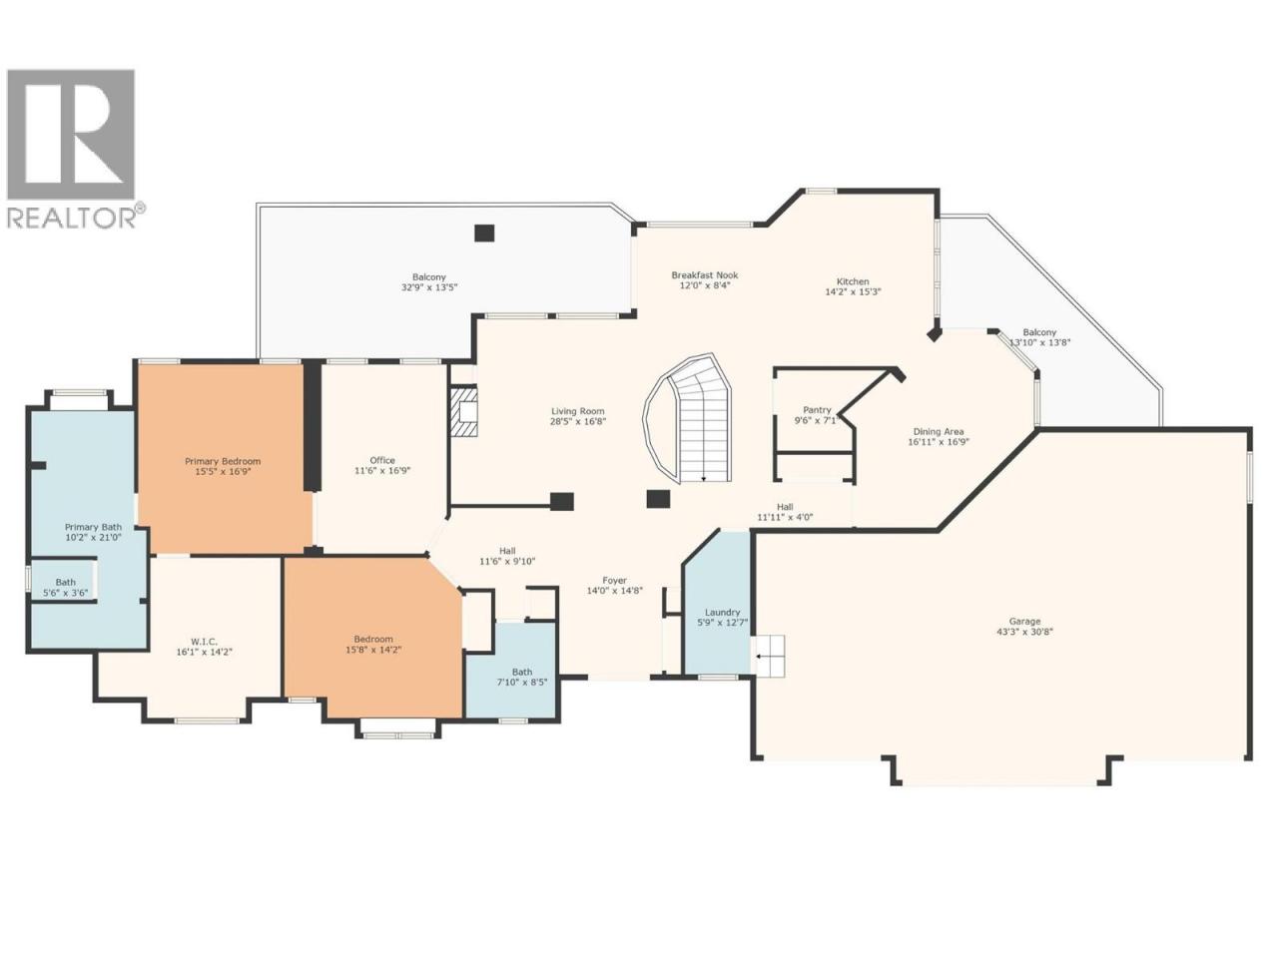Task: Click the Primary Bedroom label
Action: (x=223, y=461)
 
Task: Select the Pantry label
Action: (x=817, y=409)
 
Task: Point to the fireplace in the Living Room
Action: (x=464, y=411)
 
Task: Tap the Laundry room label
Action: (x=722, y=612)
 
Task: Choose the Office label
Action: (x=382, y=460)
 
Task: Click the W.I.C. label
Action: (x=204, y=642)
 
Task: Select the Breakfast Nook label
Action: (x=705, y=275)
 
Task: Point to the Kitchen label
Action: (x=853, y=281)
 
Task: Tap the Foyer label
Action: (x=614, y=580)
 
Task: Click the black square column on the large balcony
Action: (x=484, y=233)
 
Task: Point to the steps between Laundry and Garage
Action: (x=768, y=656)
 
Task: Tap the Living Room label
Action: (x=578, y=411)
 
